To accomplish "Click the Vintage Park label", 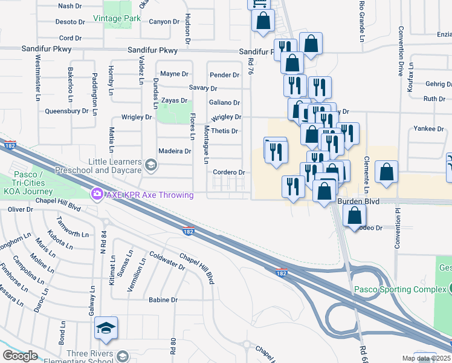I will (117, 19).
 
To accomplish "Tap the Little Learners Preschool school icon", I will (150, 163).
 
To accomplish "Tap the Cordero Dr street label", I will (228, 172).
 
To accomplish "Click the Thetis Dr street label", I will (224, 131).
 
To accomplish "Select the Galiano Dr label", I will (224, 103).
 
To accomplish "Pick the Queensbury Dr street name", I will (66, 111).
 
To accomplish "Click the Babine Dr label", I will (163, 299).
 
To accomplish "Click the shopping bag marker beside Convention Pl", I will (386, 172).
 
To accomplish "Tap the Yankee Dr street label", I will (429, 129).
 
